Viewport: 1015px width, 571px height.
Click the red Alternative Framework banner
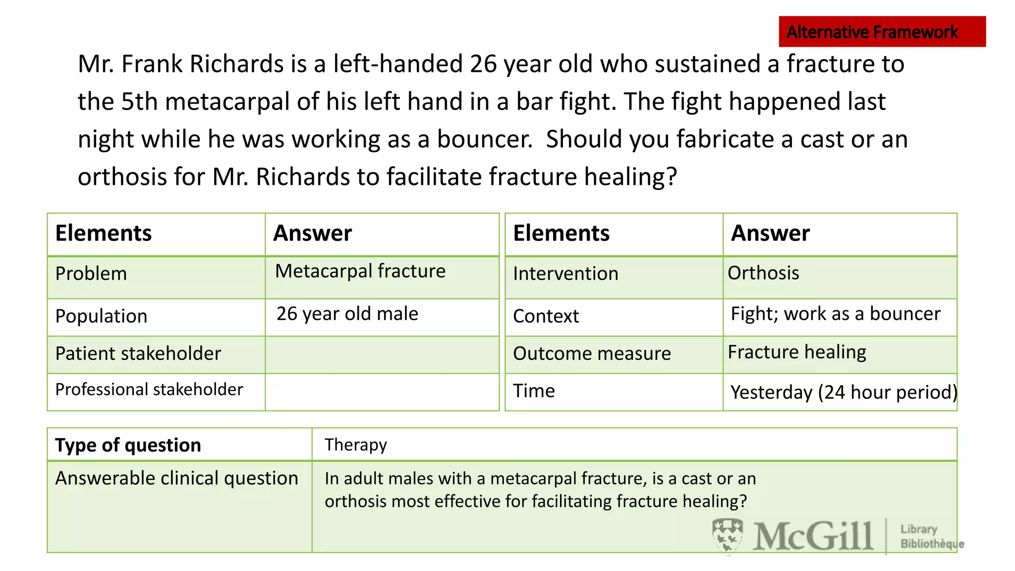tap(882, 32)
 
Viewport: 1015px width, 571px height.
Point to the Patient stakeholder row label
tap(138, 354)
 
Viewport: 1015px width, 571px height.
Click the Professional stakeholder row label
tap(149, 390)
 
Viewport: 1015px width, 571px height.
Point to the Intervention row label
tap(565, 274)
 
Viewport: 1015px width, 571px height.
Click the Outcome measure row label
tap(592, 354)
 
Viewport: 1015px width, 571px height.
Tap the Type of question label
tap(128, 446)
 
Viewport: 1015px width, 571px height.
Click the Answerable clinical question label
tap(177, 479)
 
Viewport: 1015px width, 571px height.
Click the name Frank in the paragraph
tap(152, 64)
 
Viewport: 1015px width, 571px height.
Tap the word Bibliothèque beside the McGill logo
tap(932, 544)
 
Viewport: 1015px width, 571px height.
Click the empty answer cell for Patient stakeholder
tap(382, 355)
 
